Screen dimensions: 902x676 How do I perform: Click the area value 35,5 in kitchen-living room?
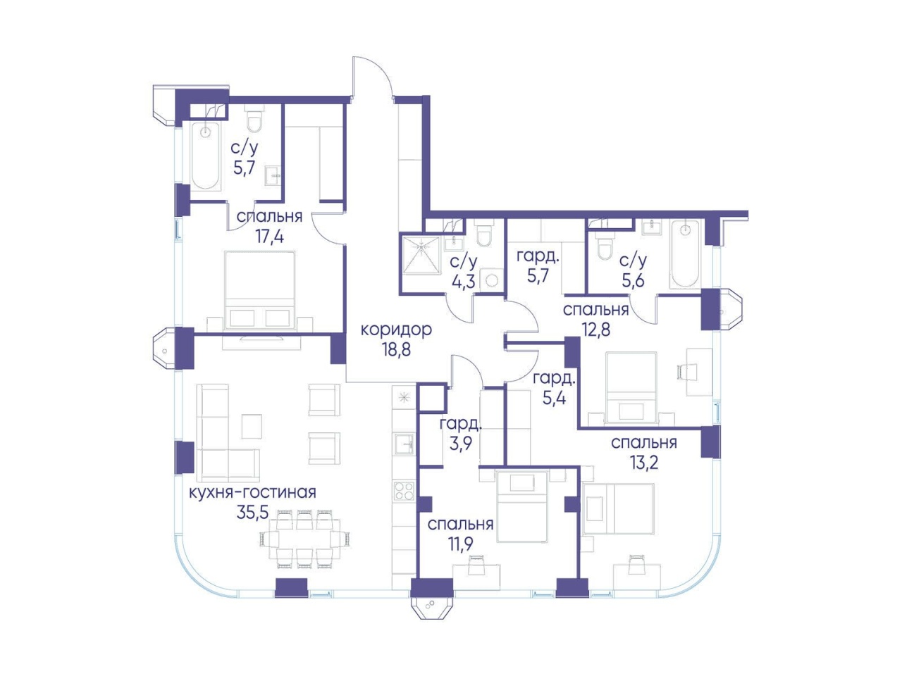[x=252, y=512]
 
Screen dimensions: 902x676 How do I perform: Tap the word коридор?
[x=396, y=330]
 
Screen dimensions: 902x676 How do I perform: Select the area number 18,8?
[x=396, y=351]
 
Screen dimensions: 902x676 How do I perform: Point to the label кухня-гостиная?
[x=252, y=492]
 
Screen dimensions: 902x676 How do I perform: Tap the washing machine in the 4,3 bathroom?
[x=491, y=280]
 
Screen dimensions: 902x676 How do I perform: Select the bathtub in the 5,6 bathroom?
[x=684, y=254]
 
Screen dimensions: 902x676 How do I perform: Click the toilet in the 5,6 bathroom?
[x=605, y=246]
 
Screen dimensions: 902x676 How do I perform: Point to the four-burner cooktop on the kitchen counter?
[x=404, y=492]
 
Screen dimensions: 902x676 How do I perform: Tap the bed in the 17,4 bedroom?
[x=260, y=291]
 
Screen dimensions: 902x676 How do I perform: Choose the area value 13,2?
[x=643, y=463]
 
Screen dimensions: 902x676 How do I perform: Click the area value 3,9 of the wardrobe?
[x=461, y=444]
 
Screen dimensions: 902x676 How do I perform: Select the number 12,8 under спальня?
[x=596, y=329]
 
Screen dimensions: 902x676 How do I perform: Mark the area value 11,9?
[x=460, y=544]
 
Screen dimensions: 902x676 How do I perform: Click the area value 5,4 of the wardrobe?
[x=554, y=398]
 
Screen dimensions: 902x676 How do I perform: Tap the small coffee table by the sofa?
[x=252, y=427]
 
